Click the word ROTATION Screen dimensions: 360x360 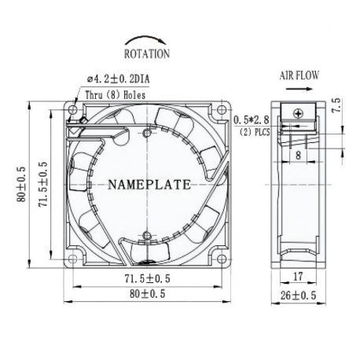pos(146,54)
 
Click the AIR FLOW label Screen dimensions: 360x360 pos(299,76)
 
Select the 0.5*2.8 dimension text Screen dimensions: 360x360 pos(252,119)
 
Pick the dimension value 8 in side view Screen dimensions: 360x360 pos(299,157)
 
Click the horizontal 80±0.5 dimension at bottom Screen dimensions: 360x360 pos(147,296)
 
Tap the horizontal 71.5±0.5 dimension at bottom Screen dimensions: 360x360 pos(147,278)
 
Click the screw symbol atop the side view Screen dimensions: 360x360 pos(299,113)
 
